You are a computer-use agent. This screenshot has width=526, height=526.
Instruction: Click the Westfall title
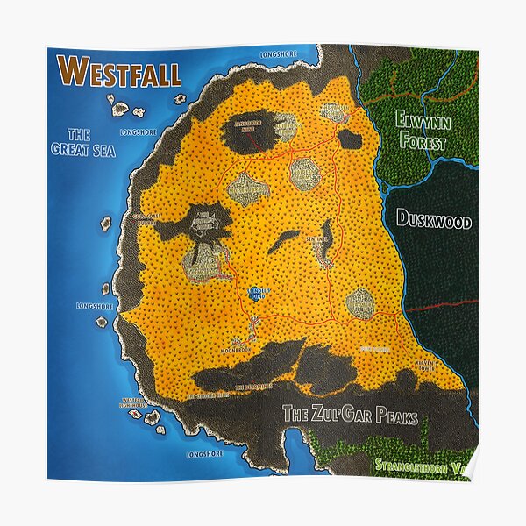pos(118,73)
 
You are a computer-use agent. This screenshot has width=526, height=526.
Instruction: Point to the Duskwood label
pos(434,219)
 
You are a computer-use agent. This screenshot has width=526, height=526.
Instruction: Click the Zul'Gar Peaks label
pos(350,416)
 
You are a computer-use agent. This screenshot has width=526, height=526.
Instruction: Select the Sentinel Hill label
pos(316,238)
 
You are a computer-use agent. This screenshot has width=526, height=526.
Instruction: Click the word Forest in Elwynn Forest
pos(422,143)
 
